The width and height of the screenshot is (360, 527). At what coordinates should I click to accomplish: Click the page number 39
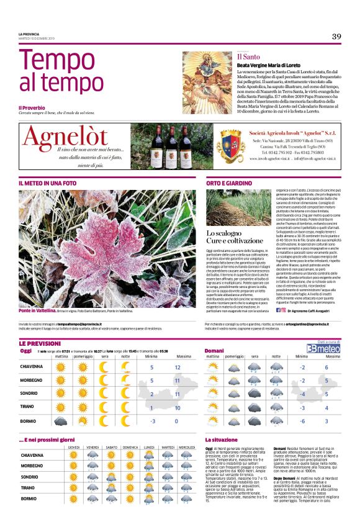[336, 36]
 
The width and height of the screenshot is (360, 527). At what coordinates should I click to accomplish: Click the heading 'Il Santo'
[247, 56]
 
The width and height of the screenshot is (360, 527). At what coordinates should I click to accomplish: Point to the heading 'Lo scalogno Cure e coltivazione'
[231, 236]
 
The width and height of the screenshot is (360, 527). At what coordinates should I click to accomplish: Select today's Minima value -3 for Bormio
[152, 421]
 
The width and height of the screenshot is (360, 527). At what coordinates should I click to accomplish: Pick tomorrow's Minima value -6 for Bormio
[300, 421]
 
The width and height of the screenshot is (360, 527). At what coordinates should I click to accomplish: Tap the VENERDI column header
[93, 447]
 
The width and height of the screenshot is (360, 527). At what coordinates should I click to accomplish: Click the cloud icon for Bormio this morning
[61, 421]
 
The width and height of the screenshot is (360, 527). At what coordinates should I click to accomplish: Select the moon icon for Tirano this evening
[104, 408]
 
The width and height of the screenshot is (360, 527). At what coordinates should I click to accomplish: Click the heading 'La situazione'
[222, 440]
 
